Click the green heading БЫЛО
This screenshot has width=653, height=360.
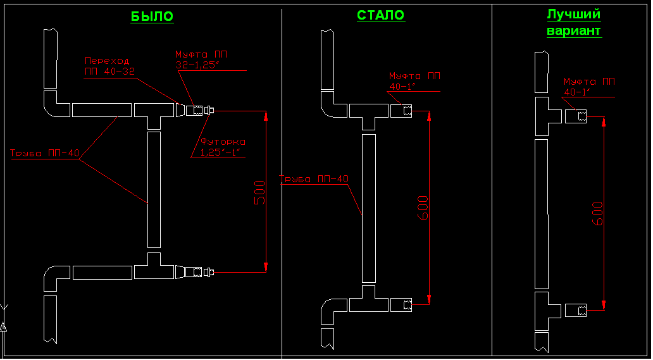tap(152, 16)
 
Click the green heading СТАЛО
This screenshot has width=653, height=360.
tap(380, 15)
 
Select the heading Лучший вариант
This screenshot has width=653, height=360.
tap(574, 22)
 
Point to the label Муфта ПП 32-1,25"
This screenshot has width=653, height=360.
tap(201, 59)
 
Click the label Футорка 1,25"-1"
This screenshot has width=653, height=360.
tap(223, 147)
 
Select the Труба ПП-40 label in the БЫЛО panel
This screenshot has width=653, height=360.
tap(44, 152)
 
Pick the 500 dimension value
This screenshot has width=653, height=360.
tap(259, 192)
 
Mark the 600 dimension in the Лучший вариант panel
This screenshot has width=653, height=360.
tap(597, 213)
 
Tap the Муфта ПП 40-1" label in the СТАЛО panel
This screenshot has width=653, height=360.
tap(414, 81)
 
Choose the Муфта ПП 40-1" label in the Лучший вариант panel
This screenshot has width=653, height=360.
tap(588, 87)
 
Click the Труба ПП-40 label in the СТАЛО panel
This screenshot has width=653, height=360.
tap(315, 179)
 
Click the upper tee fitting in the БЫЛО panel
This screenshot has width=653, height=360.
tap(154, 113)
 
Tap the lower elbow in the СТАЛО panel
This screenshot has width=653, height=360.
tap(332, 311)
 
